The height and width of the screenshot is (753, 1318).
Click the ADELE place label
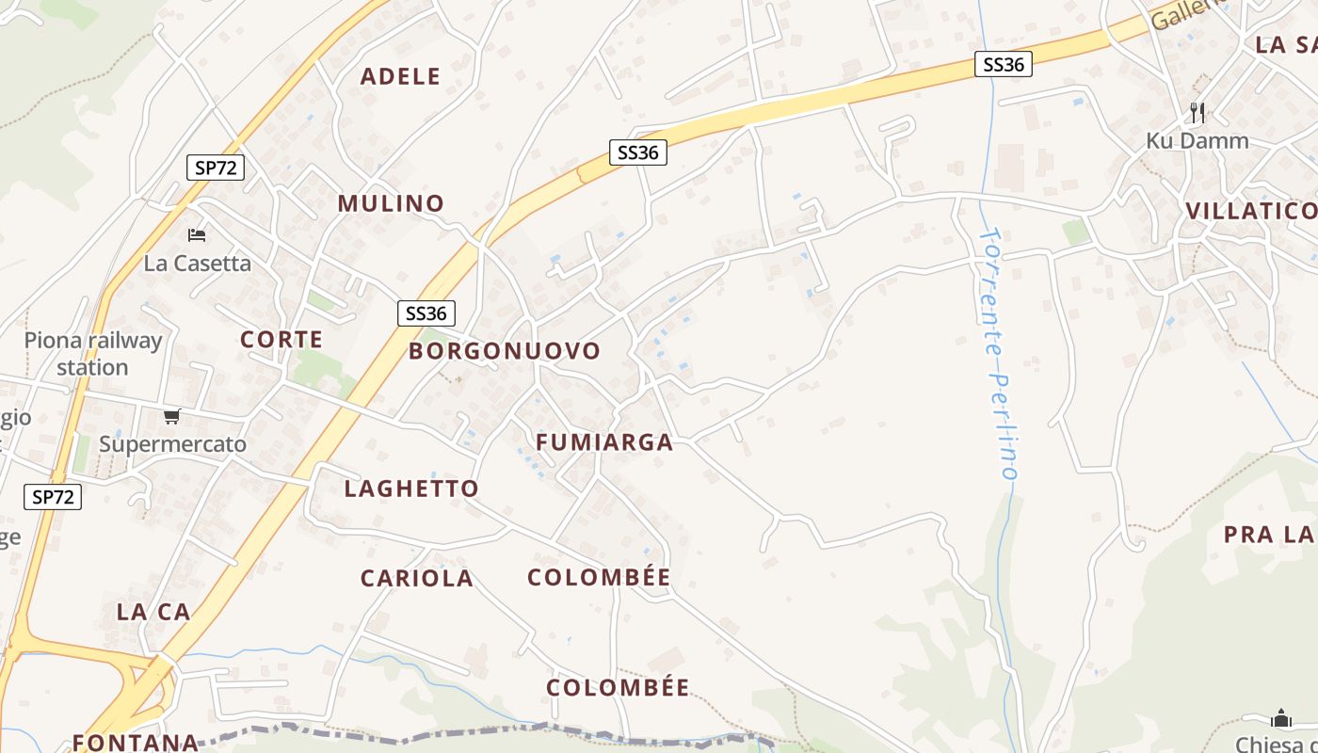pyautogui.click(x=400, y=76)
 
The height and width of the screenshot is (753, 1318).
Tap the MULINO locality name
pyautogui.click(x=391, y=203)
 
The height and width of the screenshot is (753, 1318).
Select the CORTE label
pyautogui.click(x=281, y=340)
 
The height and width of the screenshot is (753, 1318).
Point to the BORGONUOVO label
pyautogui.click(x=505, y=351)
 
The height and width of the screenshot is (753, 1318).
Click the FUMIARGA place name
pyautogui.click(x=604, y=442)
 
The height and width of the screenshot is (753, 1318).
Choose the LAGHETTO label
pyautogui.click(x=411, y=489)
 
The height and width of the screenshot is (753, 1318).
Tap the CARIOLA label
pyautogui.click(x=417, y=578)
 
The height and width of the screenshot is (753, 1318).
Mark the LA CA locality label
pyautogui.click(x=153, y=612)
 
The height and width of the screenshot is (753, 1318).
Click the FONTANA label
pyautogui.click(x=136, y=742)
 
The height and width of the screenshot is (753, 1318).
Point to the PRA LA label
pyautogui.click(x=1268, y=535)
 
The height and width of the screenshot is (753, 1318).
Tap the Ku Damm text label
pyautogui.click(x=1197, y=141)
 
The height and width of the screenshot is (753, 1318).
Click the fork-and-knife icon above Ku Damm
pyautogui.click(x=1197, y=113)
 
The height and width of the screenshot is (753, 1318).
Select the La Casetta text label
pyautogui.click(x=198, y=264)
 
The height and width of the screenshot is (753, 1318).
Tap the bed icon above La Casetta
pyautogui.click(x=197, y=234)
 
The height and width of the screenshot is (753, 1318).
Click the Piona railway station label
pyautogui.click(x=93, y=354)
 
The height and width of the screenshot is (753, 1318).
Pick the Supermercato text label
pyautogui.click(x=173, y=444)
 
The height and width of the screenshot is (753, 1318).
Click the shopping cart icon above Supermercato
pyautogui.click(x=171, y=416)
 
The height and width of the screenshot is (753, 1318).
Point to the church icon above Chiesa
pyautogui.click(x=1280, y=718)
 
